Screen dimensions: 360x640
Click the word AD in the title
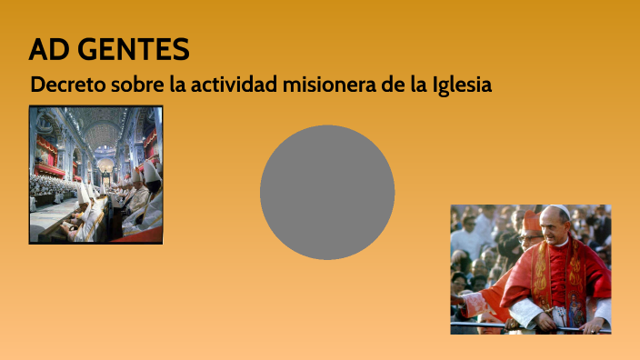[x=45, y=50]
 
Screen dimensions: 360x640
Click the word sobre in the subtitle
[x=141, y=85]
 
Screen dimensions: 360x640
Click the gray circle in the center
[x=327, y=192]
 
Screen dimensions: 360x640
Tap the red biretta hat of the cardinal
[x=530, y=220]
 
